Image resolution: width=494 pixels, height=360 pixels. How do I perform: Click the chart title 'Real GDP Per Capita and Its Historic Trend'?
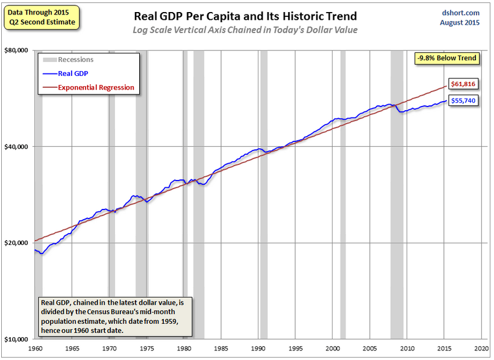(x=245, y=16)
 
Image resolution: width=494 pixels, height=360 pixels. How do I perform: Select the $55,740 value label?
(x=464, y=101)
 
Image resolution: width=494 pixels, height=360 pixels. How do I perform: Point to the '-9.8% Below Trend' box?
(x=446, y=58)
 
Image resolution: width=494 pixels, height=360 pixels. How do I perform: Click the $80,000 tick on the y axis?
(x=17, y=51)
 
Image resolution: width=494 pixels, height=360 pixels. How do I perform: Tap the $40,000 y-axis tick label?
(x=17, y=147)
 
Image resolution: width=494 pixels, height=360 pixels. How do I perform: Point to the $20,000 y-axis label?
(x=17, y=243)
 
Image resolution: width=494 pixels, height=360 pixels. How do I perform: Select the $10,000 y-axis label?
(x=17, y=340)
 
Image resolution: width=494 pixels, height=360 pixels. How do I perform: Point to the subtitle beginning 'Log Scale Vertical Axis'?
(x=245, y=30)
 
